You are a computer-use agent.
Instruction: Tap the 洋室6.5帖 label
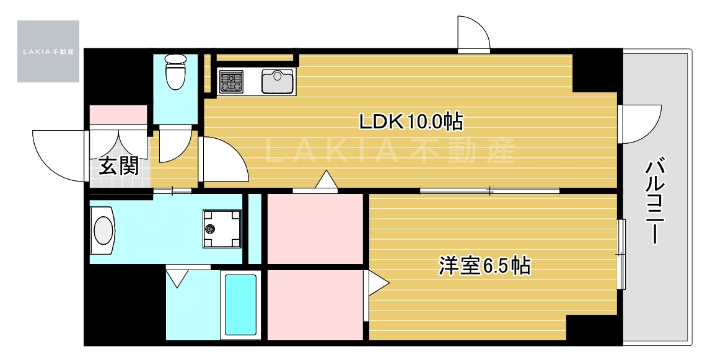pyautogui.click(x=484, y=266)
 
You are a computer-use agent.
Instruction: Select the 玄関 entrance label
pyautogui.click(x=119, y=166)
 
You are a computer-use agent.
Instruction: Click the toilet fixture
pyautogui.click(x=175, y=71)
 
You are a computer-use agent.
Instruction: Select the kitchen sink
pyautogui.click(x=278, y=81)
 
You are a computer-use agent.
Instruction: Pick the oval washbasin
pyautogui.click(x=103, y=230)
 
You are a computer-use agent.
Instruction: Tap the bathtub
pyautogui.click(x=240, y=304)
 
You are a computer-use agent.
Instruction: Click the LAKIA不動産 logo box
pyautogui.click(x=48, y=51)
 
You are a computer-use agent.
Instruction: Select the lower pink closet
pyautogui.click(x=315, y=304)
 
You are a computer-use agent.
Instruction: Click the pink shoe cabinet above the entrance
pyautogui.click(x=118, y=115)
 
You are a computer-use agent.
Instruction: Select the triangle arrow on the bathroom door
pyautogui.click(x=178, y=277)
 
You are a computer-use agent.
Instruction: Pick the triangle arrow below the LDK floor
pyautogui.click(x=325, y=180)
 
